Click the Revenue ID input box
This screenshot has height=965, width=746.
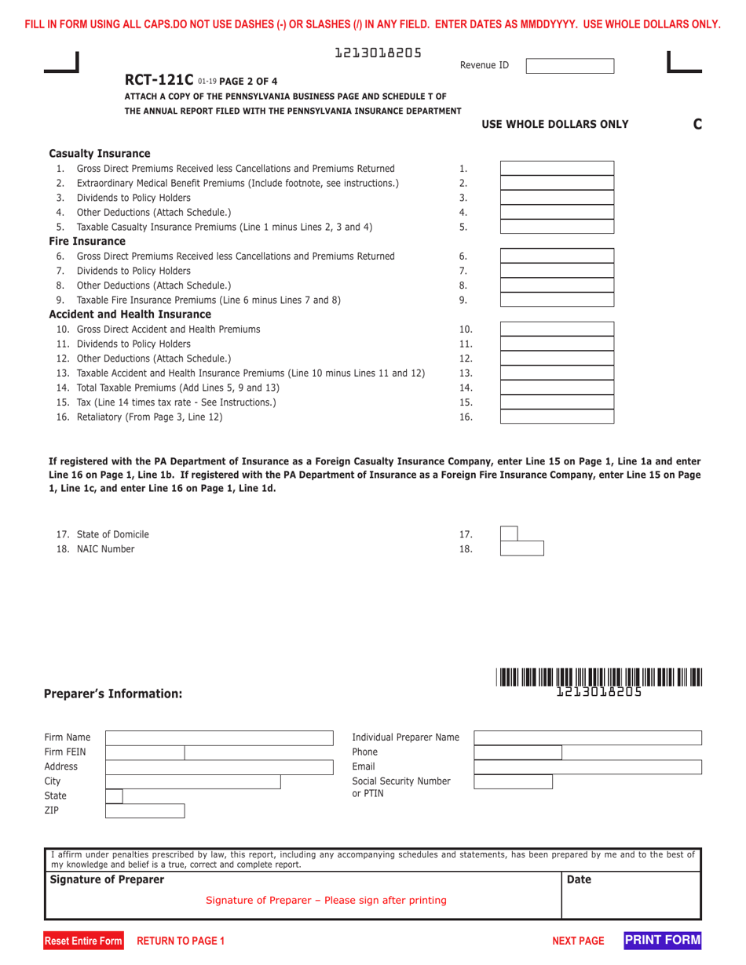569,65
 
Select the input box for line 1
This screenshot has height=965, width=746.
557,169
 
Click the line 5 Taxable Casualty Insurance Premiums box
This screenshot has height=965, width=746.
557,227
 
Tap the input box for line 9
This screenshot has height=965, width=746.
557,300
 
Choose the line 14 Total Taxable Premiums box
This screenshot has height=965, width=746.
557,388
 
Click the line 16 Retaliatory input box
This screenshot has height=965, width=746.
557,417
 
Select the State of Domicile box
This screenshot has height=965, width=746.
509,534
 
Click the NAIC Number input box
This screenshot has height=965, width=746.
521,549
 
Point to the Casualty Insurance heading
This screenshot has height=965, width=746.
100,153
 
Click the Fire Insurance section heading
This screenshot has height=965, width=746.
87,241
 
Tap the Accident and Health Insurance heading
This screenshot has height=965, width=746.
130,315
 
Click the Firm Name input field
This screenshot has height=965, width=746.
219,737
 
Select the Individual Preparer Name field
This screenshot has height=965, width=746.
587,737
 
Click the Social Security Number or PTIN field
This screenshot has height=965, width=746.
513,781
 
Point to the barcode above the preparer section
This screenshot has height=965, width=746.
598,676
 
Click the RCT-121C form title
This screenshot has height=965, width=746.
160,80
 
